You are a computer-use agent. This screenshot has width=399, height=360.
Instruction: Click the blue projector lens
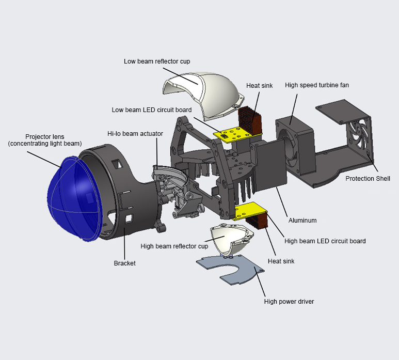(x=72, y=199)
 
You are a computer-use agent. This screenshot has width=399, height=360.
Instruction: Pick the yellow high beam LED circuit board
(x=250, y=211)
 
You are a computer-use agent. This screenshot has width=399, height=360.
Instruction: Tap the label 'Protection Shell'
(x=368, y=179)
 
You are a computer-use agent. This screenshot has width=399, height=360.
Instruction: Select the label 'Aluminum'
(x=302, y=220)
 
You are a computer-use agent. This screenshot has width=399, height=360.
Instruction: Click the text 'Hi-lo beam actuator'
(x=135, y=134)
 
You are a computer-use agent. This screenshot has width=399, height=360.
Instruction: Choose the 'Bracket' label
(x=124, y=263)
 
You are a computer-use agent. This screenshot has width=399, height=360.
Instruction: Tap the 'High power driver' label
(x=289, y=302)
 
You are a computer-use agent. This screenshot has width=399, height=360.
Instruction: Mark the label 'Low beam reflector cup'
(x=157, y=61)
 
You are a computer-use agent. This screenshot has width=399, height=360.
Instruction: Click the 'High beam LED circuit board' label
(x=325, y=241)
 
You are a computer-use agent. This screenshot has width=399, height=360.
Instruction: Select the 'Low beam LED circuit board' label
(x=152, y=110)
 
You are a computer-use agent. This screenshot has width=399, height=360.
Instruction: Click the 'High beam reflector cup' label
(x=174, y=246)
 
